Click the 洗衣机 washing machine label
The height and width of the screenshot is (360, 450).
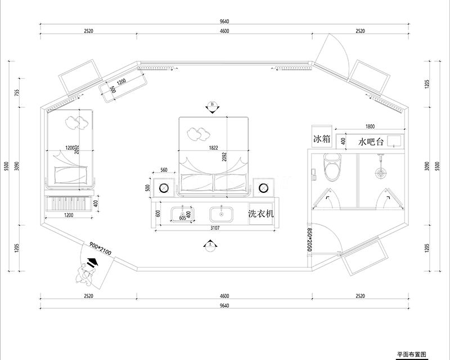[x=261, y=214]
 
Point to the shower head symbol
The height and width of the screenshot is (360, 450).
[x=381, y=172]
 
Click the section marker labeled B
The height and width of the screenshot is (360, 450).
[x=213, y=106]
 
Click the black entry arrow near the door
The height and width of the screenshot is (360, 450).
[x=92, y=263]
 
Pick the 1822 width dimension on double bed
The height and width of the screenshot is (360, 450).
[x=214, y=149]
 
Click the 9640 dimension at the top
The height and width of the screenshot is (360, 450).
[x=224, y=21]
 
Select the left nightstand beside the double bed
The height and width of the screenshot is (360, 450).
[x=165, y=186]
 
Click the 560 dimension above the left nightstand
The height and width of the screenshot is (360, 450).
[x=164, y=170]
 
